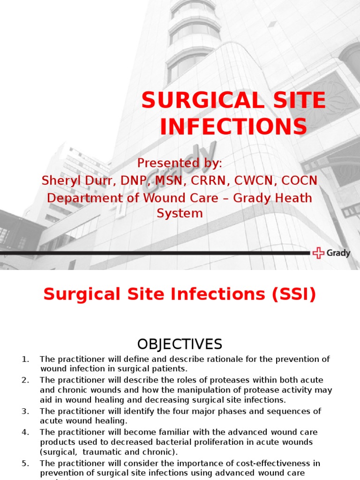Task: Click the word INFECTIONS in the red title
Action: pos(233,127)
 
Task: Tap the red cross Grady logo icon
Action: pos(318,253)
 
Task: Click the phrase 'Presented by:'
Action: pos(180,163)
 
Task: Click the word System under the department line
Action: pos(180,213)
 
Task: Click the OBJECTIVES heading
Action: pos(180,345)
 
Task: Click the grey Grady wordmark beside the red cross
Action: pos(338,253)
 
